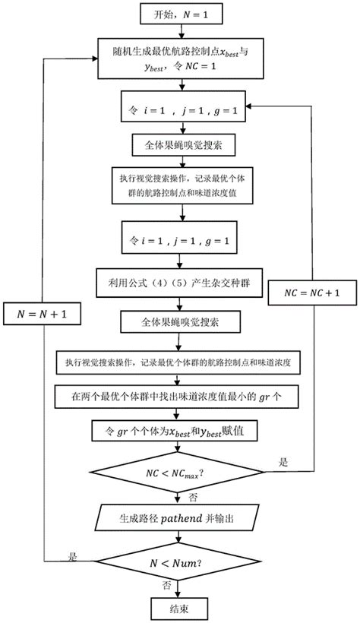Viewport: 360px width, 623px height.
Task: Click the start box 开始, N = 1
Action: [180, 13]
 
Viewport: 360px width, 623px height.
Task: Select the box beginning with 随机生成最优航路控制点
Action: [179, 57]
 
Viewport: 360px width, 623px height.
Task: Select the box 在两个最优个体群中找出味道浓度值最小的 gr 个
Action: [180, 396]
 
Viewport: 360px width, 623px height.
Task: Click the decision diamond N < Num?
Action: [179, 561]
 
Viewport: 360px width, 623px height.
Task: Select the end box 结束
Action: [179, 608]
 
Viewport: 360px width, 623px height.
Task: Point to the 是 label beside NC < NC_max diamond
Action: [285, 461]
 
